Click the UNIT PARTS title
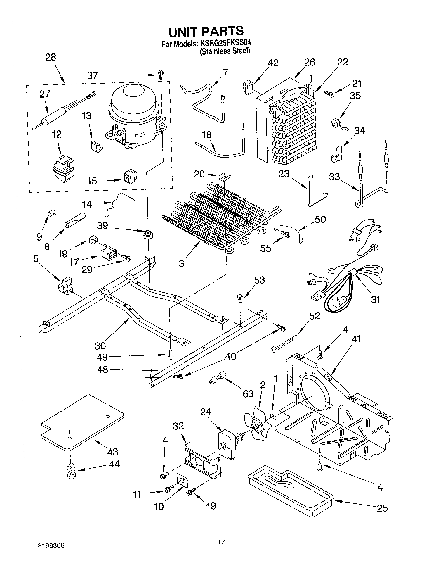206,31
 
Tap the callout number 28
51,57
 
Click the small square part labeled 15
129,178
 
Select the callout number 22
343,62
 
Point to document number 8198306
51,546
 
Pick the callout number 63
248,394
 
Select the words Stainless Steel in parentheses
225,51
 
